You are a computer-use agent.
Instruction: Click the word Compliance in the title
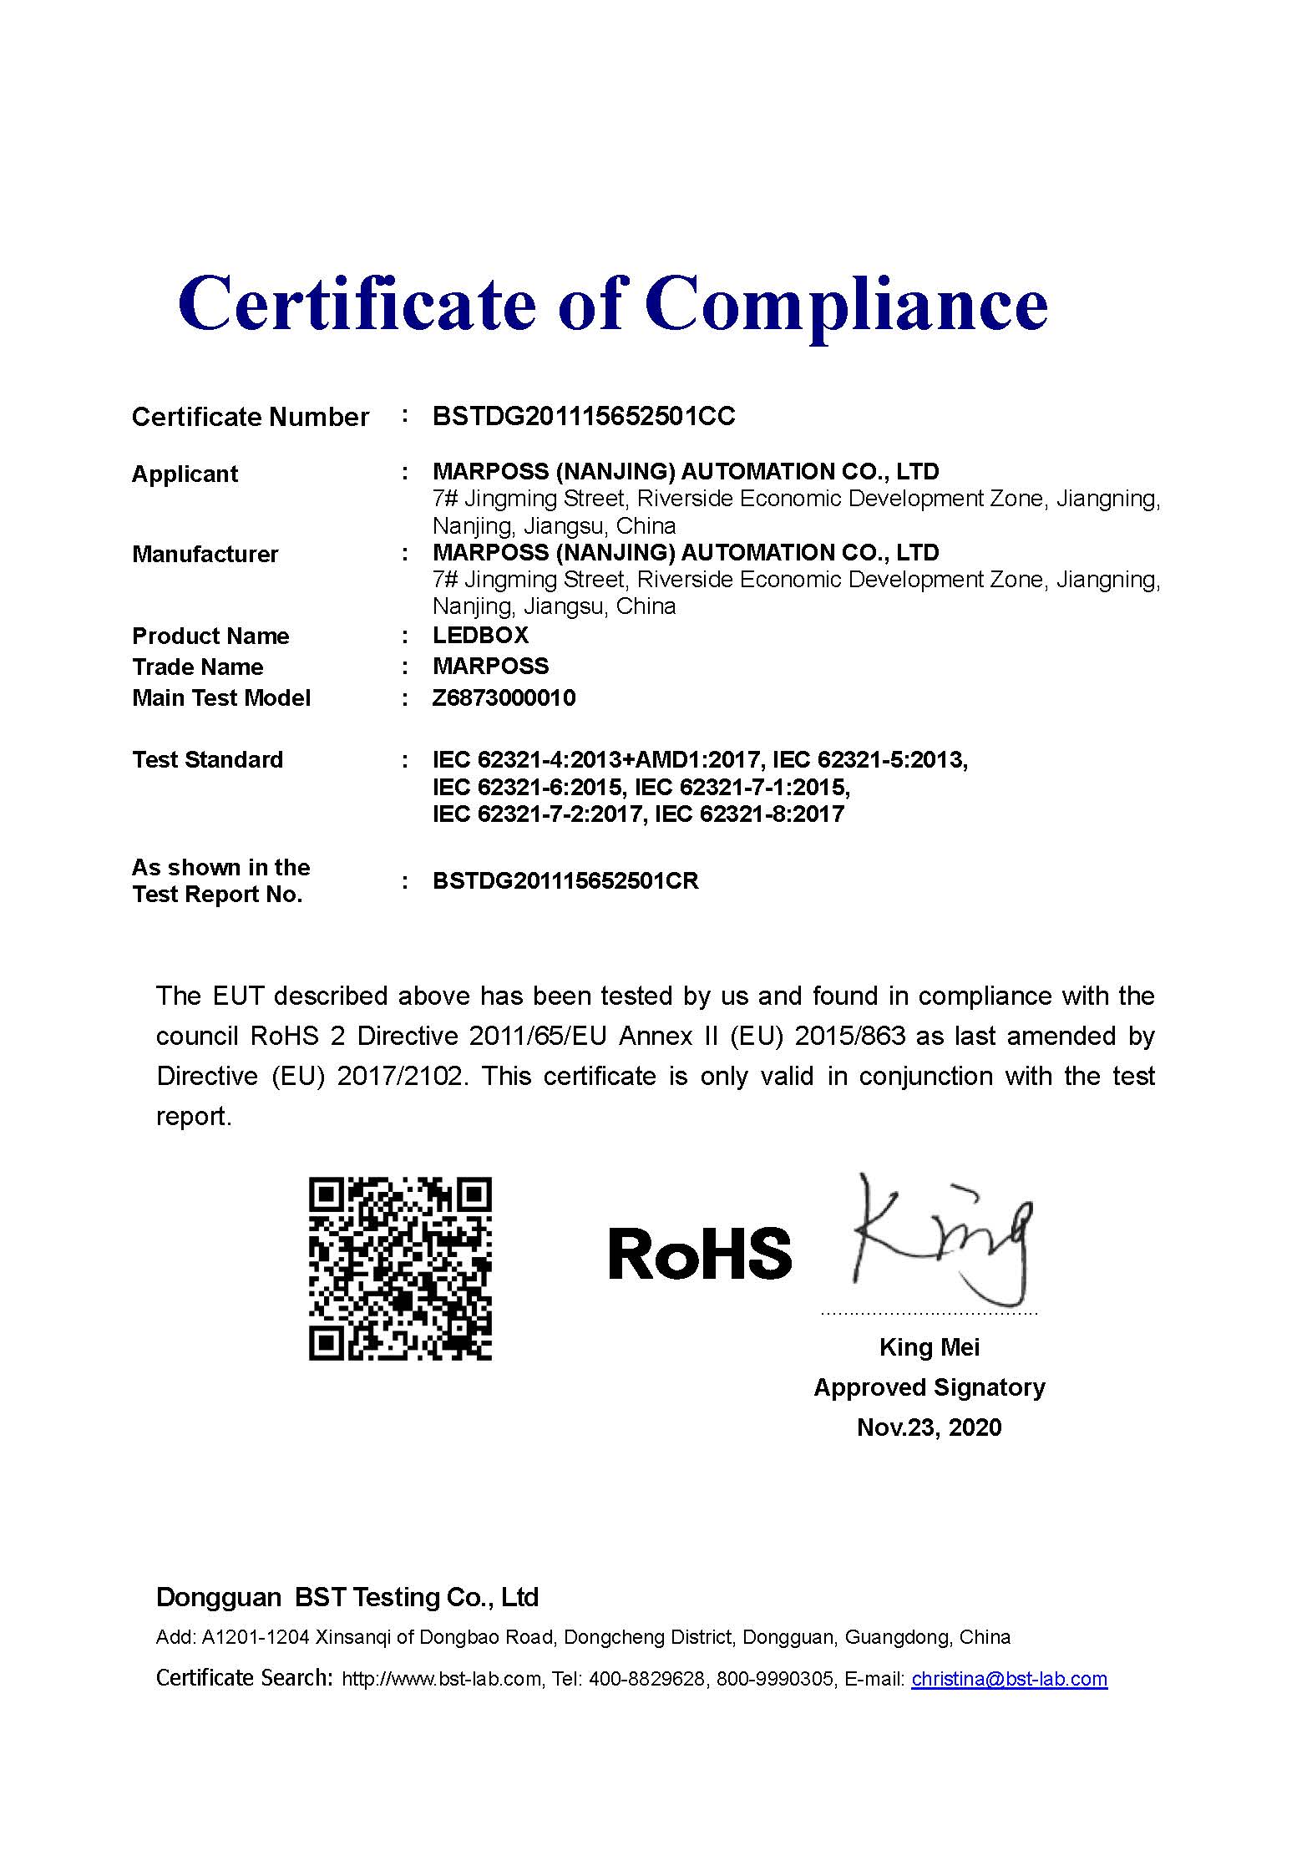[x=845, y=305]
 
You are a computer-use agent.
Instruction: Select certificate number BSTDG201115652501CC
[x=584, y=416]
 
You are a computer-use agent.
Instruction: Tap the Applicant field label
[x=185, y=474]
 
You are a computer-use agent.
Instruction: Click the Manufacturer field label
[x=205, y=554]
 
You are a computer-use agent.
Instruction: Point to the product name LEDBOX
[x=480, y=635]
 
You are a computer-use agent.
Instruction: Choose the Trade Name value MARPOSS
[x=490, y=666]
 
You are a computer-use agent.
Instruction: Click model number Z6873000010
[x=504, y=697]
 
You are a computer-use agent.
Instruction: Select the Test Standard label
[x=207, y=759]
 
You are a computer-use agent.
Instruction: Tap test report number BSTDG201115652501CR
[x=565, y=880]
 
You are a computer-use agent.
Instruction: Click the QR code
[x=400, y=1268]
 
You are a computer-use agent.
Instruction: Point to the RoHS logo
[x=699, y=1254]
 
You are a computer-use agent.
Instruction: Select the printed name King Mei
[x=929, y=1346]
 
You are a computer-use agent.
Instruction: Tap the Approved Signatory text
[x=929, y=1387]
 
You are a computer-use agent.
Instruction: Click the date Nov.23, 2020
[x=929, y=1427]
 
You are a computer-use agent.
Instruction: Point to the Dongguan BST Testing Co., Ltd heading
[x=347, y=1597]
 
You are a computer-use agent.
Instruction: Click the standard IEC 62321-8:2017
[x=749, y=814]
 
